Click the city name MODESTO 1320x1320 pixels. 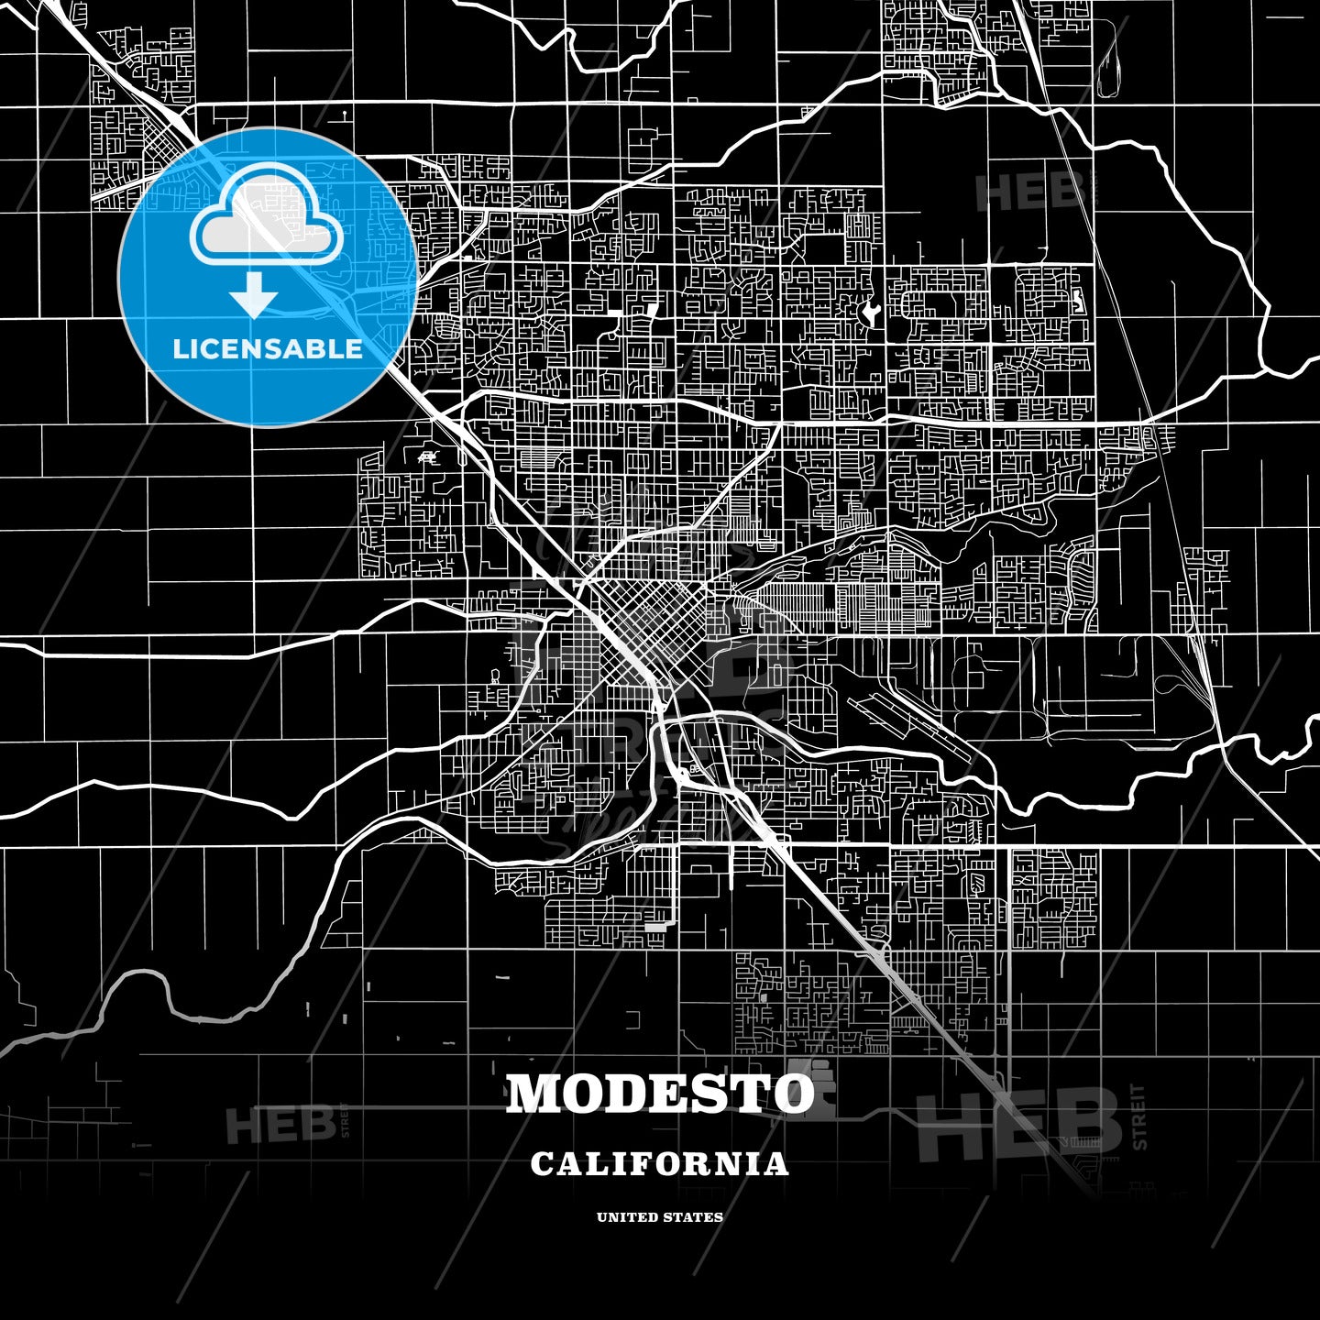[x=660, y=1093]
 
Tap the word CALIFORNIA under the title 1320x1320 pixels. [x=660, y=1164]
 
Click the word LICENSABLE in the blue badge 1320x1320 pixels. [x=268, y=349]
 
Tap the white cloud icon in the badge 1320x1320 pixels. [x=267, y=218]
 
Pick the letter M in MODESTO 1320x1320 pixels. [x=535, y=1093]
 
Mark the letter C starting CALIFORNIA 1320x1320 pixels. [x=541, y=1164]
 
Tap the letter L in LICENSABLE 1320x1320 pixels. [x=180, y=349]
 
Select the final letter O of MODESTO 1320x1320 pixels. [x=793, y=1093]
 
